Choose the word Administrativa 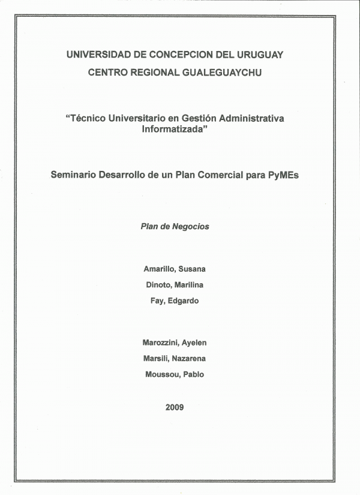click(246, 118)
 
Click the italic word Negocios click(191, 227)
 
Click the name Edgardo click(184, 301)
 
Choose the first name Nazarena click(190, 358)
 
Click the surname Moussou click(161, 374)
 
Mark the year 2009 click(175, 407)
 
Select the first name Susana click(191, 269)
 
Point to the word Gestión click(187, 118)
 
